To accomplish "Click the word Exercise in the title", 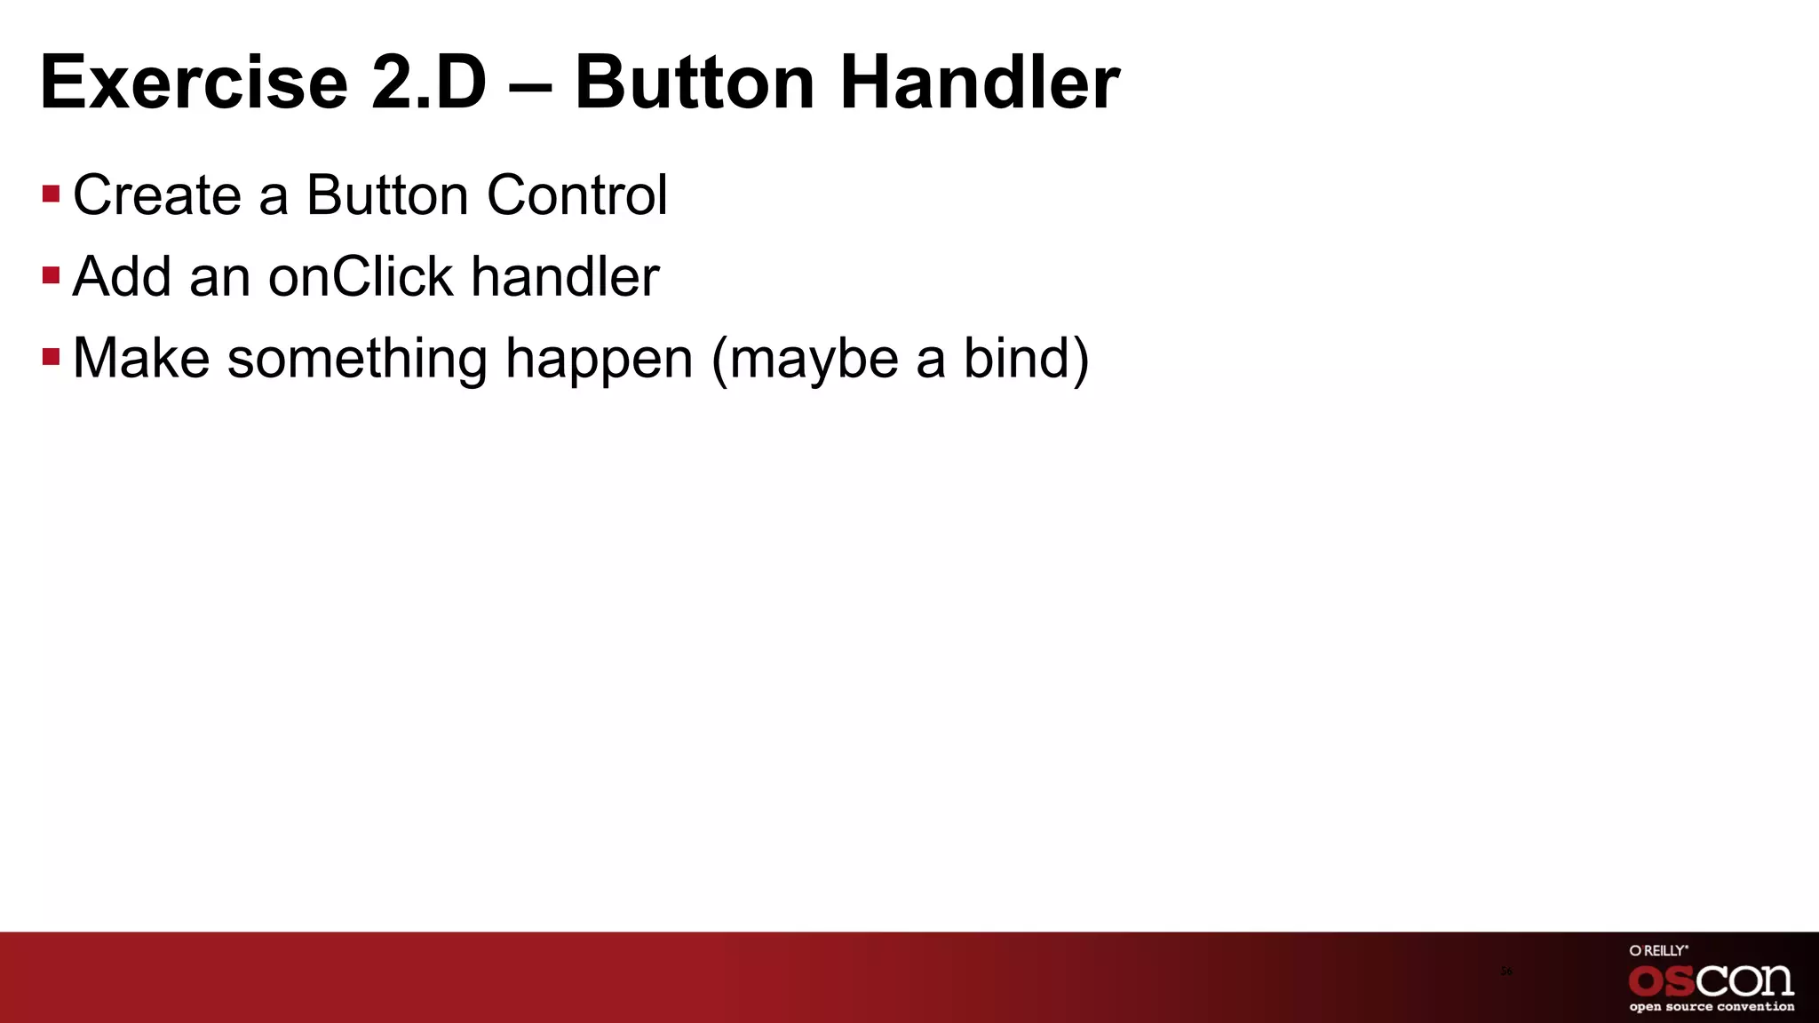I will [x=194, y=83].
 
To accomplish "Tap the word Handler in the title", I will [x=979, y=83].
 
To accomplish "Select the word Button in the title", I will [x=695, y=83].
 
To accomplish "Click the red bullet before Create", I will [x=51, y=194].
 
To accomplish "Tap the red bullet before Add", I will [x=51, y=275].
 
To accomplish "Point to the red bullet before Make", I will [x=51, y=357].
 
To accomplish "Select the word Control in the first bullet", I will [x=576, y=194].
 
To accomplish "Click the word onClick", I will [x=361, y=276].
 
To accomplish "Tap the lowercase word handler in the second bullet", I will [x=565, y=276].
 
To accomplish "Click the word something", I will [x=357, y=360].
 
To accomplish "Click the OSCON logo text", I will [x=1711, y=980].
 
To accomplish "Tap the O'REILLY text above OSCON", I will [x=1658, y=950].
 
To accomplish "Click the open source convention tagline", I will [x=1712, y=1007].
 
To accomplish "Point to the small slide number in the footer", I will [x=1506, y=971].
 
